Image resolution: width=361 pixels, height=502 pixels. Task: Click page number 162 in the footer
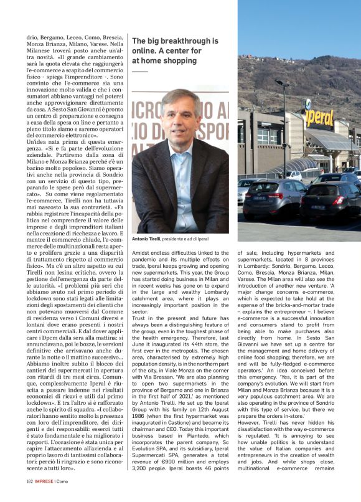[29, 497]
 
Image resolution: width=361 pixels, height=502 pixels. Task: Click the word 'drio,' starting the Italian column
[32, 38]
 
